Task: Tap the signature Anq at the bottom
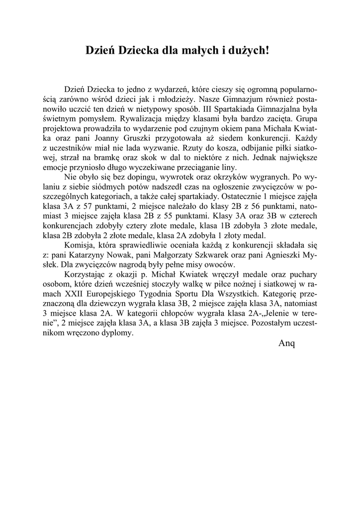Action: click(x=287, y=344)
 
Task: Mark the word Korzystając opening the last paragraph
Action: click(x=86, y=274)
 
